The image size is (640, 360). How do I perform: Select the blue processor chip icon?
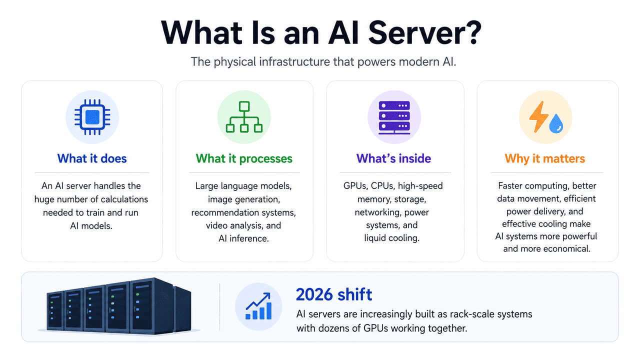coord(92,117)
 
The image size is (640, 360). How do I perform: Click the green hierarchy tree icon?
coord(244,117)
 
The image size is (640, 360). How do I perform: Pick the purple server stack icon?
coord(394,117)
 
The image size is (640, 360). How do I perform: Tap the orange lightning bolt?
coord(538,117)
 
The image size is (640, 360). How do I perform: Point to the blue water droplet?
coord(556,123)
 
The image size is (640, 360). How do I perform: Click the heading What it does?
coord(92,158)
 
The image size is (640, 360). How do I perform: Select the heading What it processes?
coord(244,159)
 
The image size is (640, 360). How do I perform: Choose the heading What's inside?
coord(393,158)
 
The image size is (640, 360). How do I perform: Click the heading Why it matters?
coord(545,159)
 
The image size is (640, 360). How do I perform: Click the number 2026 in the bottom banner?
coord(314,294)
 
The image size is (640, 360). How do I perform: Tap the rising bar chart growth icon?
coord(258,306)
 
